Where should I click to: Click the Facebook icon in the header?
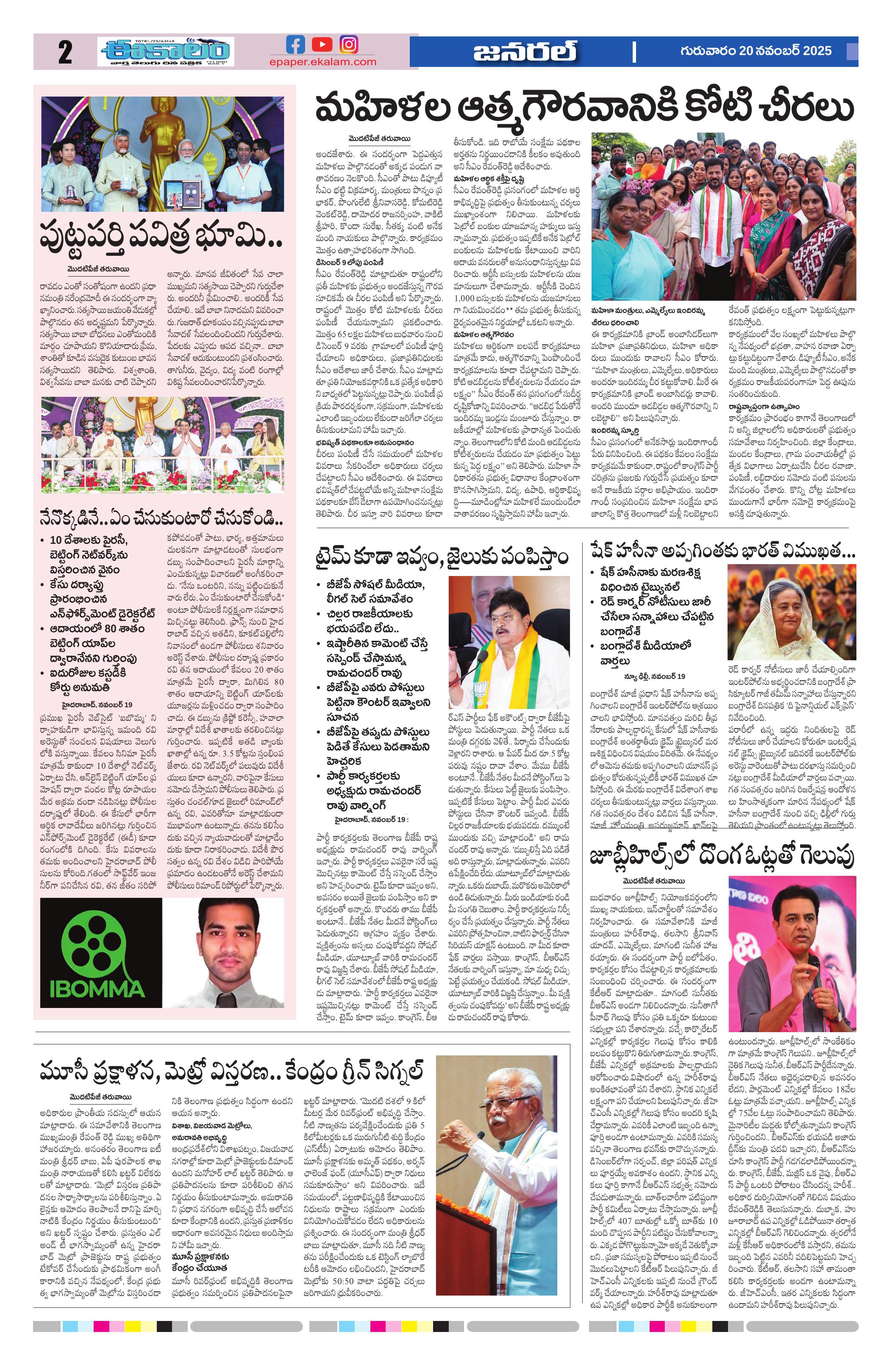(x=295, y=45)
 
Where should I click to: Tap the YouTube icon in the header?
(x=322, y=45)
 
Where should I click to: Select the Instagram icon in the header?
(x=349, y=45)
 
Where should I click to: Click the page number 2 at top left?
(x=65, y=53)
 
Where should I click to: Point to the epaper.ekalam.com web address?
(x=323, y=62)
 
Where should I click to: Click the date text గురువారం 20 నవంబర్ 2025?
(x=756, y=51)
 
